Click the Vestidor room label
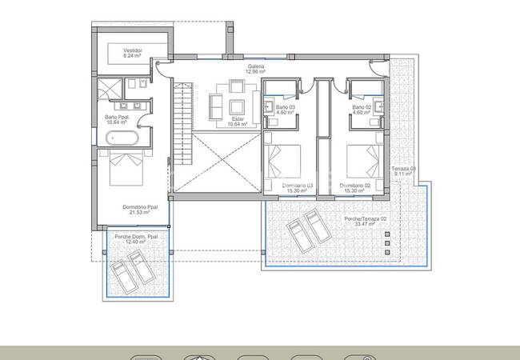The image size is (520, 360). coord(133,54)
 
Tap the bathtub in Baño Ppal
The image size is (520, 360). coord(125,138)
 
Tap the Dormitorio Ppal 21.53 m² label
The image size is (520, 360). coord(140,210)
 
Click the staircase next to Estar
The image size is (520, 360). coord(182,120)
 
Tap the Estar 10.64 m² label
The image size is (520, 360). coord(237,122)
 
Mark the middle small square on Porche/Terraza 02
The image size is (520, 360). coord(387,242)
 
